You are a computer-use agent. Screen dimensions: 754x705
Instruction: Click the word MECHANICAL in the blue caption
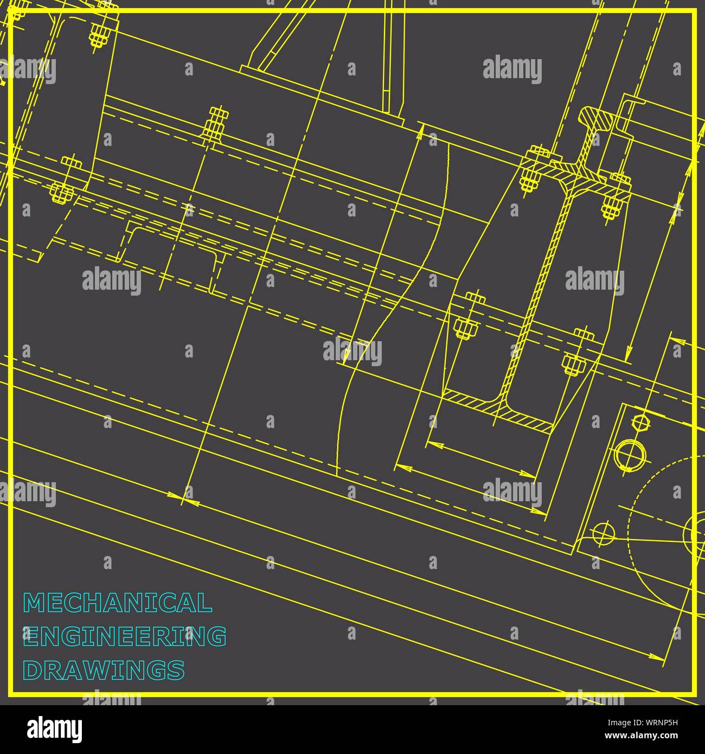(117, 603)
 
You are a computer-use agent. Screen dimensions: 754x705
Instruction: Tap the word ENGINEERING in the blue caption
(124, 636)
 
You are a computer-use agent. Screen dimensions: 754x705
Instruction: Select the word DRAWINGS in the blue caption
(104, 670)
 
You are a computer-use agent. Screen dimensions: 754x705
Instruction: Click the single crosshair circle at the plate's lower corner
(603, 534)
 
